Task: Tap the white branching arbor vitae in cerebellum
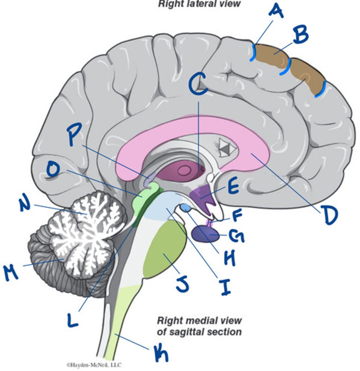point(87,223)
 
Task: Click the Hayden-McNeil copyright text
point(94,365)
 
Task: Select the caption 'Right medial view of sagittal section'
point(199,326)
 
